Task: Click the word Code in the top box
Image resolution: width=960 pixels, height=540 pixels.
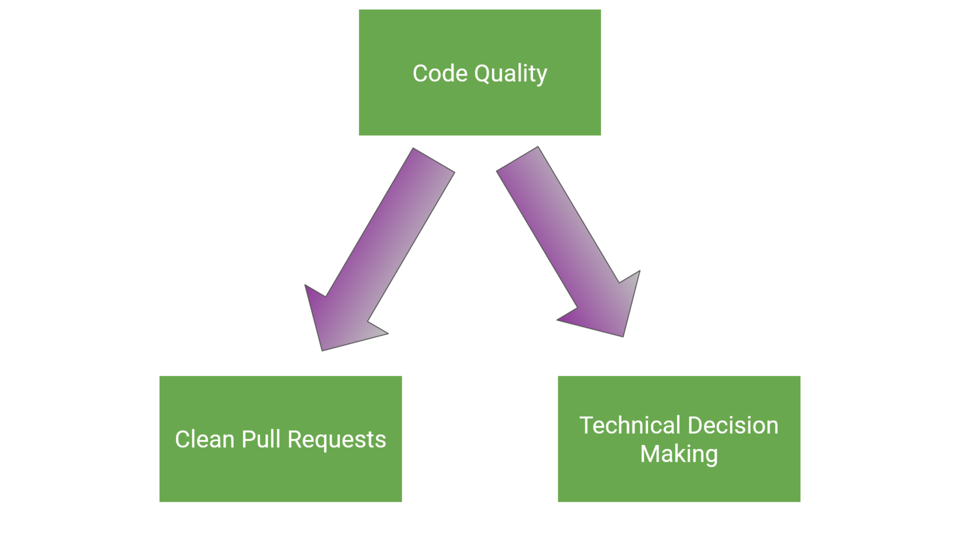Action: tap(440, 73)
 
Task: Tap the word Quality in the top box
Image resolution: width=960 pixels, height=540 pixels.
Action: tap(511, 74)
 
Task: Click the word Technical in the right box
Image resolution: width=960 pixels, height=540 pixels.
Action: tap(630, 425)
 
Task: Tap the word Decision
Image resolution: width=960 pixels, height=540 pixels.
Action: tap(733, 425)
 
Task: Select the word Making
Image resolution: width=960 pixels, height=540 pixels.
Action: tap(679, 454)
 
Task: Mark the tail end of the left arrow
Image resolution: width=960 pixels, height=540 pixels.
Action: tap(434, 161)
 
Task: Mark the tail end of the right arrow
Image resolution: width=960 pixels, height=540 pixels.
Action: tap(517, 159)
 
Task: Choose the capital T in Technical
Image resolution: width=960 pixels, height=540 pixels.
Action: tap(587, 425)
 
